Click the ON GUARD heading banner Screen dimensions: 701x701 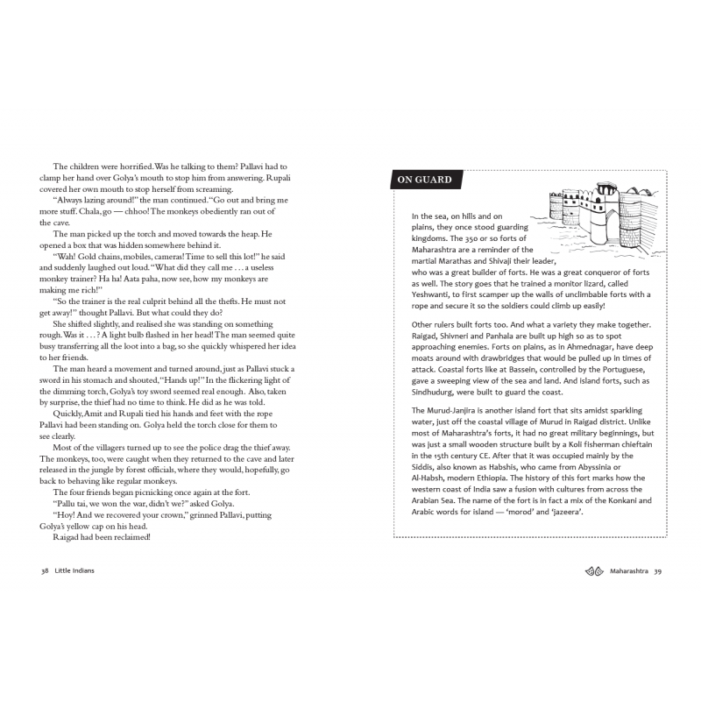click(426, 181)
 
